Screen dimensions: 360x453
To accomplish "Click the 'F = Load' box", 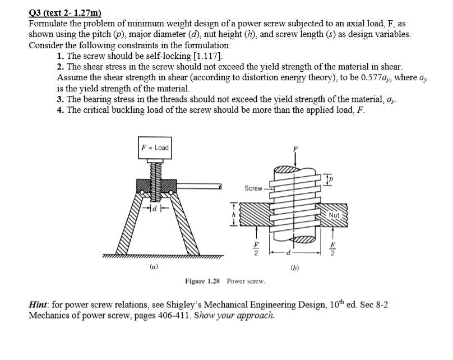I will click(155, 147).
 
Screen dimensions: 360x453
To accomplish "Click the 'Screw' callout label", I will click(253, 188).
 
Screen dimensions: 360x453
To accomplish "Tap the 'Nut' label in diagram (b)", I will click(334, 215).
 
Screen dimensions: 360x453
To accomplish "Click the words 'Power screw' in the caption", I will click(246, 280).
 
